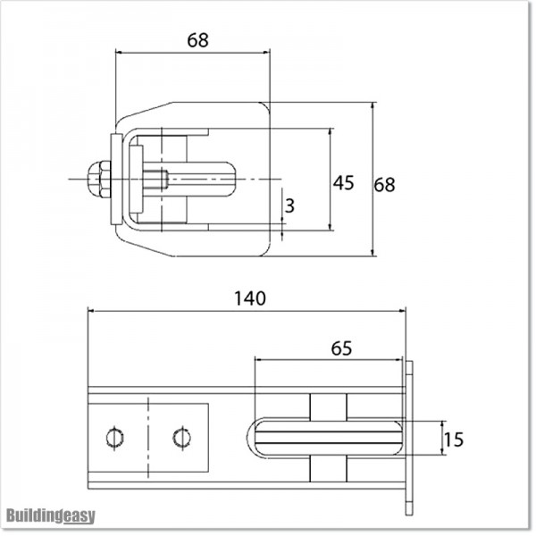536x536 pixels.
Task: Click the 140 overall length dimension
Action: [x=251, y=298]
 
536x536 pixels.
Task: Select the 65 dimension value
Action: [x=340, y=348]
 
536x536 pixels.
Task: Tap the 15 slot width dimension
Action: [x=453, y=440]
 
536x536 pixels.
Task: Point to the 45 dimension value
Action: [x=343, y=182]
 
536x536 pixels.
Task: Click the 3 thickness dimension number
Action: [x=289, y=205]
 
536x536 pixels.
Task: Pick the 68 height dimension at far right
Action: [x=384, y=185]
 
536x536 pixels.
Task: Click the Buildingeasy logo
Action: [x=51, y=516]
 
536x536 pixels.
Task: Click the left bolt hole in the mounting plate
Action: [x=113, y=437]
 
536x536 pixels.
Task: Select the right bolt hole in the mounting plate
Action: [x=181, y=437]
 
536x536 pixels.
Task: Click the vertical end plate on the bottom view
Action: [x=409, y=438]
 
